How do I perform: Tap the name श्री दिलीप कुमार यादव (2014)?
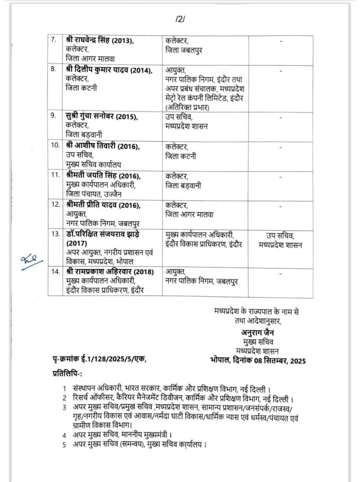coord(109,71)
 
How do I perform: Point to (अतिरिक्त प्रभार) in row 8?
coord(187,107)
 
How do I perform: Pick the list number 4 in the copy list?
coord(64,434)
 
